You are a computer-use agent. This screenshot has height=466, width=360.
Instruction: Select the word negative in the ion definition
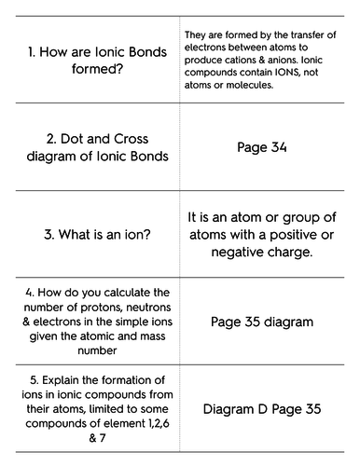(228, 251)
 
